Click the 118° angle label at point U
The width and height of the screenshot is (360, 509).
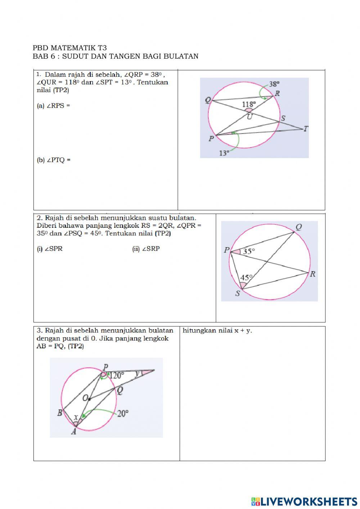[249, 104]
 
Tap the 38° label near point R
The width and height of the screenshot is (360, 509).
[274, 84]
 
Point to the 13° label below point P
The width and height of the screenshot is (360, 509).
[224, 153]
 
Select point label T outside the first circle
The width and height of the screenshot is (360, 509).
[306, 129]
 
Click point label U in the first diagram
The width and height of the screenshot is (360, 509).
[249, 116]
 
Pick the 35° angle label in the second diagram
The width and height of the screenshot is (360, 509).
[249, 251]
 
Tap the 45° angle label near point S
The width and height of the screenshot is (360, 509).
[246, 278]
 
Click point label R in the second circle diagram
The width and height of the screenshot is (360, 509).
[312, 274]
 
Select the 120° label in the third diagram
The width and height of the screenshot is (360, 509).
[117, 375]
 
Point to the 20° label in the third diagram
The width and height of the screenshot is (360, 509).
[123, 414]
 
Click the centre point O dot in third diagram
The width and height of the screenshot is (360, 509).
[89, 398]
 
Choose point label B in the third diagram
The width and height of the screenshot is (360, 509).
[60, 413]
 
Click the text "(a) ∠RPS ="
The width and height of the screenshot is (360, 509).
[53, 106]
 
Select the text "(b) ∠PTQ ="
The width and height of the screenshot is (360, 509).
[54, 160]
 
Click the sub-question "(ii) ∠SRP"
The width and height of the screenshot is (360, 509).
[146, 249]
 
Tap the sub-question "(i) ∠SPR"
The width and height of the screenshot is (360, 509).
[50, 249]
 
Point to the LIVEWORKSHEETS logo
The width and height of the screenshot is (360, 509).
[304, 501]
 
